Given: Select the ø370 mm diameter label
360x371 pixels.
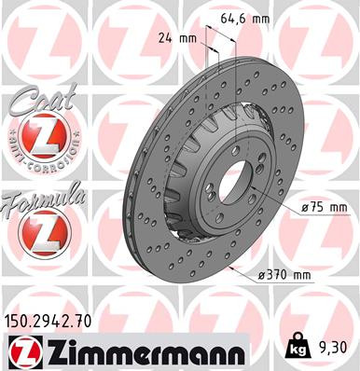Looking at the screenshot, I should (x=284, y=274).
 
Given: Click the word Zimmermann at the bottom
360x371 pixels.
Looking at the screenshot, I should (x=139, y=352).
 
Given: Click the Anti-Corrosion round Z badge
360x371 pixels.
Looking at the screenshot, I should (x=35, y=140).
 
